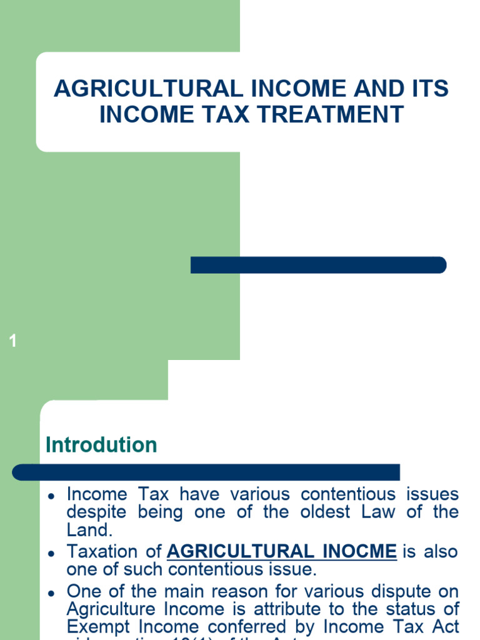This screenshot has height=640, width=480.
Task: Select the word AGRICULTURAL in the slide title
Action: (147, 89)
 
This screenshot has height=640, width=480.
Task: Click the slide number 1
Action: (13, 341)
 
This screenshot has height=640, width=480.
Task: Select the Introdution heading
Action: (101, 445)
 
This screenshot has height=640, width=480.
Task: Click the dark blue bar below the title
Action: (318, 265)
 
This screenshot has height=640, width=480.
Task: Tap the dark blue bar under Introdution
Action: (206, 472)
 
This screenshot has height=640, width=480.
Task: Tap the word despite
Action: (95, 512)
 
